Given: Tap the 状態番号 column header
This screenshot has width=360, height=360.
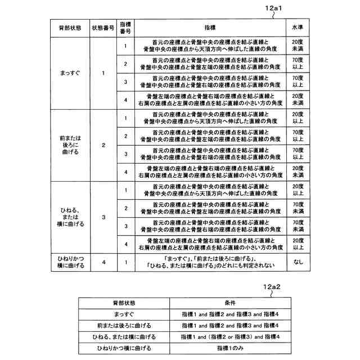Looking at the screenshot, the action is [103, 28].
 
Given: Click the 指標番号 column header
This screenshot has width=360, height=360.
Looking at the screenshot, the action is [126, 28].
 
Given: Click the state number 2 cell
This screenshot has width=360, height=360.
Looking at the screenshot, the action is [103, 145].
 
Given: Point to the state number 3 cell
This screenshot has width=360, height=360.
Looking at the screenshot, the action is [103, 217].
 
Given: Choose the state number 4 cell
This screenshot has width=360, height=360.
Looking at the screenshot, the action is [103, 262].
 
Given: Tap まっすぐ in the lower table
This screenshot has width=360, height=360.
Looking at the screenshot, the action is [124, 314].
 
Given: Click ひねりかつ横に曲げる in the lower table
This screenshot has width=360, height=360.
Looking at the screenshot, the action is [124, 349].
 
